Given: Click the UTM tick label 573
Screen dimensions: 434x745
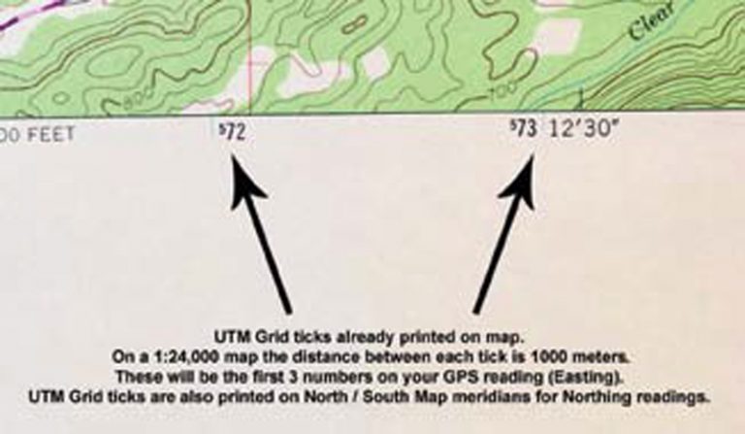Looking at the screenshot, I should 524,130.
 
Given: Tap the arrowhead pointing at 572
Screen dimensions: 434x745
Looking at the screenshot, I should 239,174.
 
